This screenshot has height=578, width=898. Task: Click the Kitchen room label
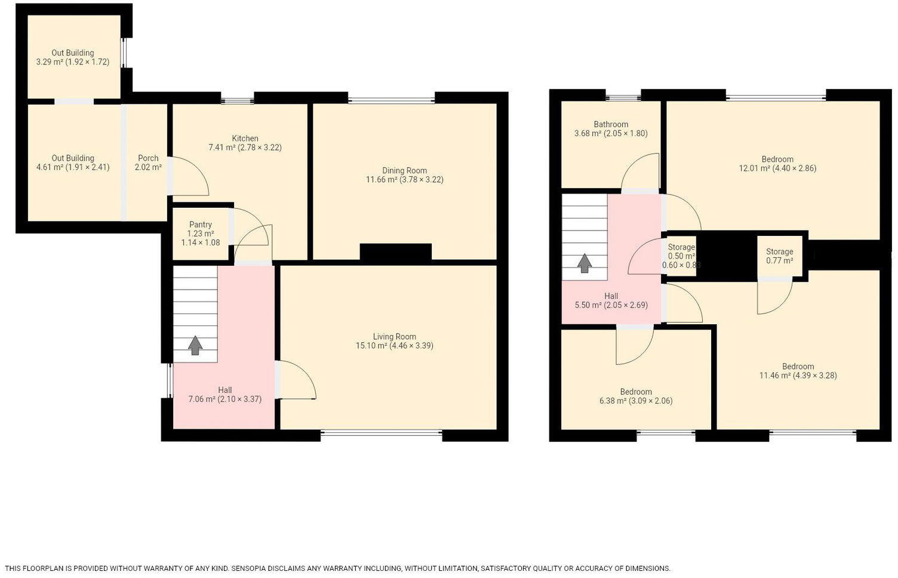pos(245,143)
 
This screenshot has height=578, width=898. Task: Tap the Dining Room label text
pos(404,175)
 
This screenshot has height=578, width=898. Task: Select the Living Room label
pos(395,341)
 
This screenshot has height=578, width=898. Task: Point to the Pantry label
pos(201,233)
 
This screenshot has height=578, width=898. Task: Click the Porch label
pos(148,163)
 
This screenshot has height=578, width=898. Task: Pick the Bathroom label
pos(611,128)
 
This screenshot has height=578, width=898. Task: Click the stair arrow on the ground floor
pos(195,346)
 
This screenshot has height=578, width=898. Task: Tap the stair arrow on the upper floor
pos(585,263)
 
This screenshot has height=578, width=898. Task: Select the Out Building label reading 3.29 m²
pos(73,57)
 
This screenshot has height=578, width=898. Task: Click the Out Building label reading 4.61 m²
pos(73,163)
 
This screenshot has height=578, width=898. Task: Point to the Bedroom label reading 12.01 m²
pos(777,164)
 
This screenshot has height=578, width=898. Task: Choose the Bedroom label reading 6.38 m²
pos(636,396)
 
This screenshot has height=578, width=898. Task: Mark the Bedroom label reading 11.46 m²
pos(798,371)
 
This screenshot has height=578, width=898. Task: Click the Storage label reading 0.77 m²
pos(779,256)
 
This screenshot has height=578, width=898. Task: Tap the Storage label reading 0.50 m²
pos(681,256)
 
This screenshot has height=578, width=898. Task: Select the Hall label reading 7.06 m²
pos(225,395)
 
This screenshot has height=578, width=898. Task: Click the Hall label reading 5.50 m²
pos(611,300)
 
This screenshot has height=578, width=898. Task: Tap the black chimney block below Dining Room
pos(396,253)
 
